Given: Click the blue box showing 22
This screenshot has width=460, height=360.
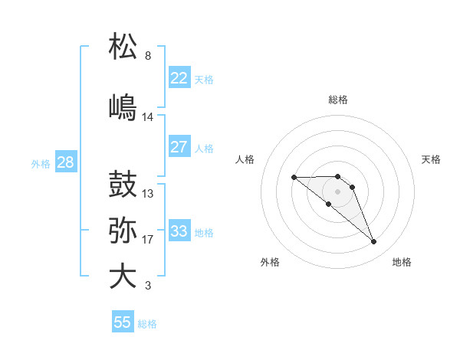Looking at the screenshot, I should [179, 78].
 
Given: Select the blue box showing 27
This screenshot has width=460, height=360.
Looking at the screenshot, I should [179, 147].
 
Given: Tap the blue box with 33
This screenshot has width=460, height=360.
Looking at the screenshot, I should [179, 231].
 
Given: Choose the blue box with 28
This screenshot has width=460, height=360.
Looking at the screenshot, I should [64, 162].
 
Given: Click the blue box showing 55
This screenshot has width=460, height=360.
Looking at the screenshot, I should [123, 322].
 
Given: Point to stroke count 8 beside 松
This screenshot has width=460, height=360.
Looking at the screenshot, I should [148, 56].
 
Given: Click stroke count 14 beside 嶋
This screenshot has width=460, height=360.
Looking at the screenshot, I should [148, 116].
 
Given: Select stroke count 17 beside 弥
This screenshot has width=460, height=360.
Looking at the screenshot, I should [148, 240].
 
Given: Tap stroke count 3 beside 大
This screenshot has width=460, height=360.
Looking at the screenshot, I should [148, 286].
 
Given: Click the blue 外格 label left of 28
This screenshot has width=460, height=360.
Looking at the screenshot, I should [41, 163].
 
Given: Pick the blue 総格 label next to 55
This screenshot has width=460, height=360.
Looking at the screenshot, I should [147, 323].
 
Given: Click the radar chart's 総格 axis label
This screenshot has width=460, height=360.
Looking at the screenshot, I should [338, 100].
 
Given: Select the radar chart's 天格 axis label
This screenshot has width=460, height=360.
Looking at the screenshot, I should [432, 159].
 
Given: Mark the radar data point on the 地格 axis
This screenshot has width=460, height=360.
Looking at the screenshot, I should [374, 242].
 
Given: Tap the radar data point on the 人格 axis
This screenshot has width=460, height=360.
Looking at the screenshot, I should [294, 177].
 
